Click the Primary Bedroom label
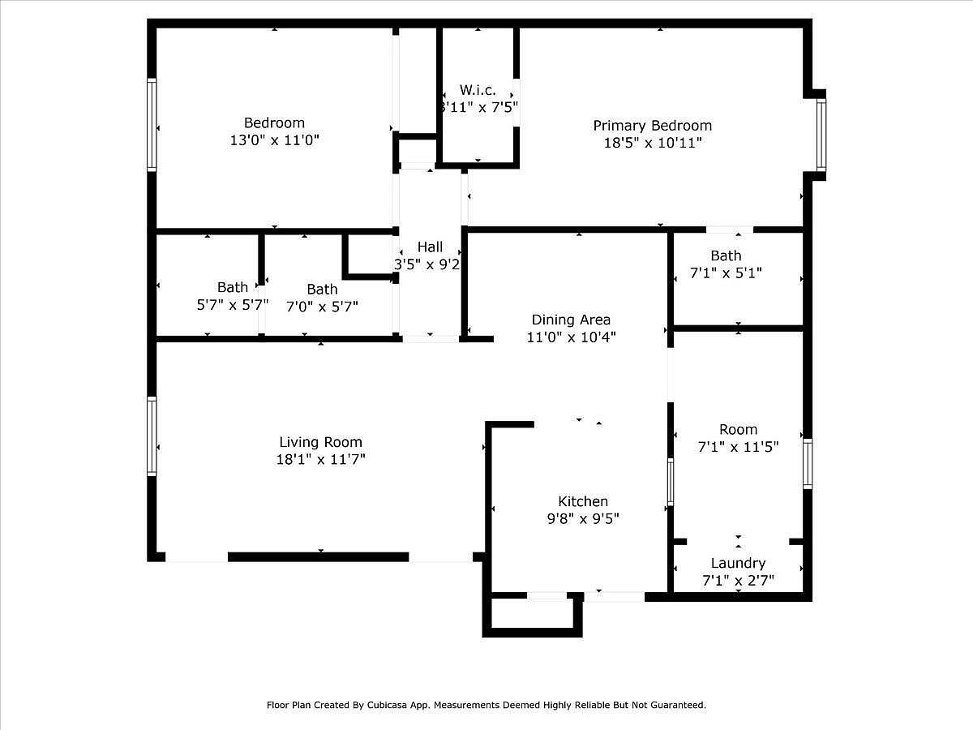(x=652, y=126)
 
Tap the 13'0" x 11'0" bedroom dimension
(x=275, y=140)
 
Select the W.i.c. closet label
(x=478, y=90)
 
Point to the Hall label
(x=430, y=247)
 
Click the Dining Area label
(x=571, y=320)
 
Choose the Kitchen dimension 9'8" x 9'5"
(x=582, y=519)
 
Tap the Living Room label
(x=320, y=442)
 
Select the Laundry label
(x=738, y=563)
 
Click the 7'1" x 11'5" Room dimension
(x=738, y=447)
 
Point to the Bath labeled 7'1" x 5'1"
(x=726, y=255)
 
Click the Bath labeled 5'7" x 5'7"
(x=233, y=287)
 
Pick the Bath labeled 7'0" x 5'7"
(x=322, y=289)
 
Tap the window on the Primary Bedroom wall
(x=821, y=135)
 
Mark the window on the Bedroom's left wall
(x=152, y=124)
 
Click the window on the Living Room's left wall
(x=152, y=436)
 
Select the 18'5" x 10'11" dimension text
(x=652, y=143)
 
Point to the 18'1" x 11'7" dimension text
(x=320, y=460)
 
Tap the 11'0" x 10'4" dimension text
(x=571, y=337)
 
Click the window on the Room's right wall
(x=807, y=463)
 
